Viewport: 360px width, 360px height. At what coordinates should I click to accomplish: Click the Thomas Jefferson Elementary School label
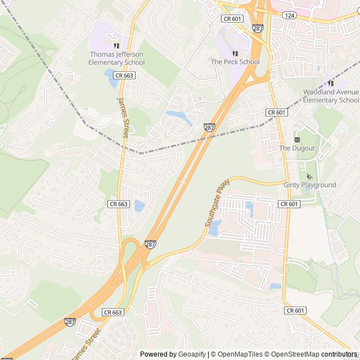(x=116, y=58)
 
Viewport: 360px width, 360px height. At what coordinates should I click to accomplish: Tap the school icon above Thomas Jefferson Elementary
(x=116, y=46)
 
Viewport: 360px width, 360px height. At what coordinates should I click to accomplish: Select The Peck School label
(x=235, y=62)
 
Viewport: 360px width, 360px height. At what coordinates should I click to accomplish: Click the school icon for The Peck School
(x=235, y=53)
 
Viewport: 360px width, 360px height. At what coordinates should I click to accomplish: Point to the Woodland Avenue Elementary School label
(x=331, y=96)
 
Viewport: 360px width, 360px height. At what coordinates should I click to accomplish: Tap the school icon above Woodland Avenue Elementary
(x=331, y=83)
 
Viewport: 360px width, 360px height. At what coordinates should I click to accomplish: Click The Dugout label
(x=297, y=148)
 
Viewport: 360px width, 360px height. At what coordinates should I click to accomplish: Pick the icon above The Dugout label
(x=297, y=138)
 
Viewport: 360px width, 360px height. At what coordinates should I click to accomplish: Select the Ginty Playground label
(x=309, y=185)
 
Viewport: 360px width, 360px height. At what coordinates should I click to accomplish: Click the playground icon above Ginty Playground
(x=309, y=175)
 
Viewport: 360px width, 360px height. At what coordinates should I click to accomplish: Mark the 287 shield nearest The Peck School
(x=258, y=28)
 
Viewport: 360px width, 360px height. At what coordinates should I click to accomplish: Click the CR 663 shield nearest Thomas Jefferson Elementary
(x=124, y=75)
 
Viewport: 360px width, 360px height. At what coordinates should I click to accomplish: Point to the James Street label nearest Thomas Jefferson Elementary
(x=123, y=116)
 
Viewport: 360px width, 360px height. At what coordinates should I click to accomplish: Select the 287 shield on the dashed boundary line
(x=209, y=128)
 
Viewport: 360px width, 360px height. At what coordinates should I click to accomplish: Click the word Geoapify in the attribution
(x=192, y=354)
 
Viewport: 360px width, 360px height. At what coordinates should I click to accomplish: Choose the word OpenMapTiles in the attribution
(x=240, y=354)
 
